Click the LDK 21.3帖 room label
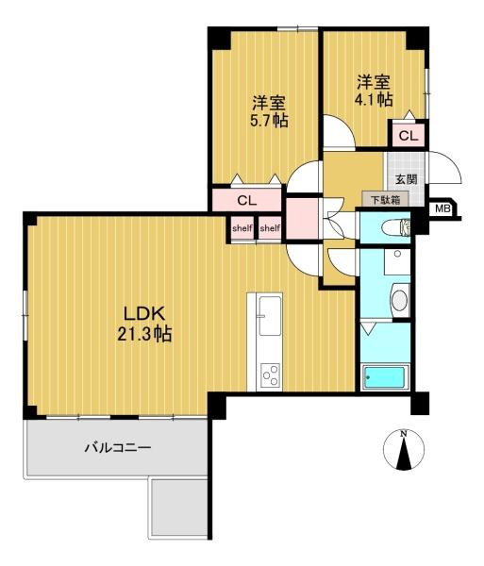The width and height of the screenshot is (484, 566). tap(144, 324)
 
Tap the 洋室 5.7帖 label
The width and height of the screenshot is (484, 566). tap(269, 111)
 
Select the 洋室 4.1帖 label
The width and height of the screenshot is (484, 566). tap(374, 91)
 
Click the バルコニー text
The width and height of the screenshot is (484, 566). tap(118, 448)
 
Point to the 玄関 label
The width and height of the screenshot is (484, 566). tap(407, 179)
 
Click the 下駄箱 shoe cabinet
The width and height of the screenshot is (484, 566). tap(386, 199)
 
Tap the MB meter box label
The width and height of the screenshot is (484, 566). tap(442, 208)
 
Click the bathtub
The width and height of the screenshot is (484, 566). tap(385, 377)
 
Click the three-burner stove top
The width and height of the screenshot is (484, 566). tap(271, 375)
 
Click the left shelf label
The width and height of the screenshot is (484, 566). tap(242, 228)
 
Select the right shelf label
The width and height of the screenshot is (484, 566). tap(270, 228)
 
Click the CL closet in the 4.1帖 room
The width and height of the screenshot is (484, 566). tap(409, 136)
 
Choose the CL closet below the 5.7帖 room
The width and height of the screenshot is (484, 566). tap(247, 200)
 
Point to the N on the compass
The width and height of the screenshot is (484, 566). tap(404, 434)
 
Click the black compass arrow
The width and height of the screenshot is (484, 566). tap(404, 454)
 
